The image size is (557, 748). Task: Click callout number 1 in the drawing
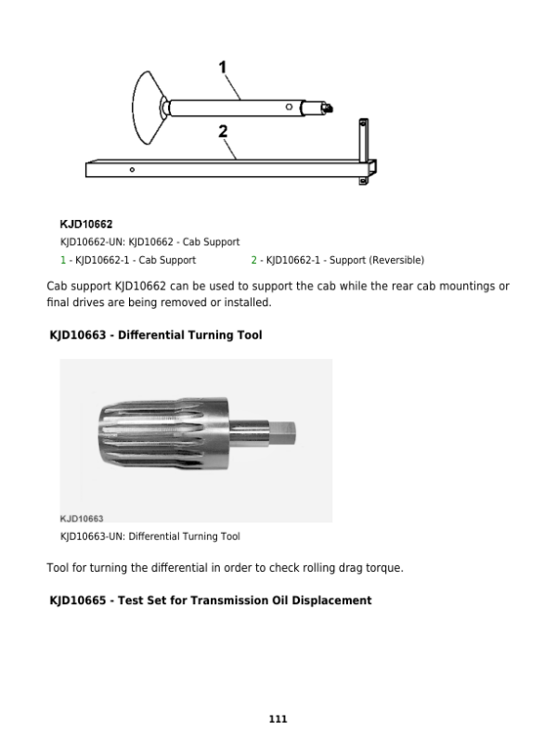223,67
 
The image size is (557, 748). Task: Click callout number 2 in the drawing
223,132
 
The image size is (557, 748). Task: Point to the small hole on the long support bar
133,170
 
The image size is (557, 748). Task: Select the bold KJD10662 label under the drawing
86,225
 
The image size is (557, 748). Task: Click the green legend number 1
62,260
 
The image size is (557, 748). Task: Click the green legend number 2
253,260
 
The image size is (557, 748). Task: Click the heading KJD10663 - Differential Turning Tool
155,335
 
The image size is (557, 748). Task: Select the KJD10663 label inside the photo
82,518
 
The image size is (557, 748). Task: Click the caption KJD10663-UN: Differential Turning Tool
149,536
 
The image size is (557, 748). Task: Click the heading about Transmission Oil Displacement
210,600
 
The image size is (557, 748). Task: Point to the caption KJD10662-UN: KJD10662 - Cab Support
149,242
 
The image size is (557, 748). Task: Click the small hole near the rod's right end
290,108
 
